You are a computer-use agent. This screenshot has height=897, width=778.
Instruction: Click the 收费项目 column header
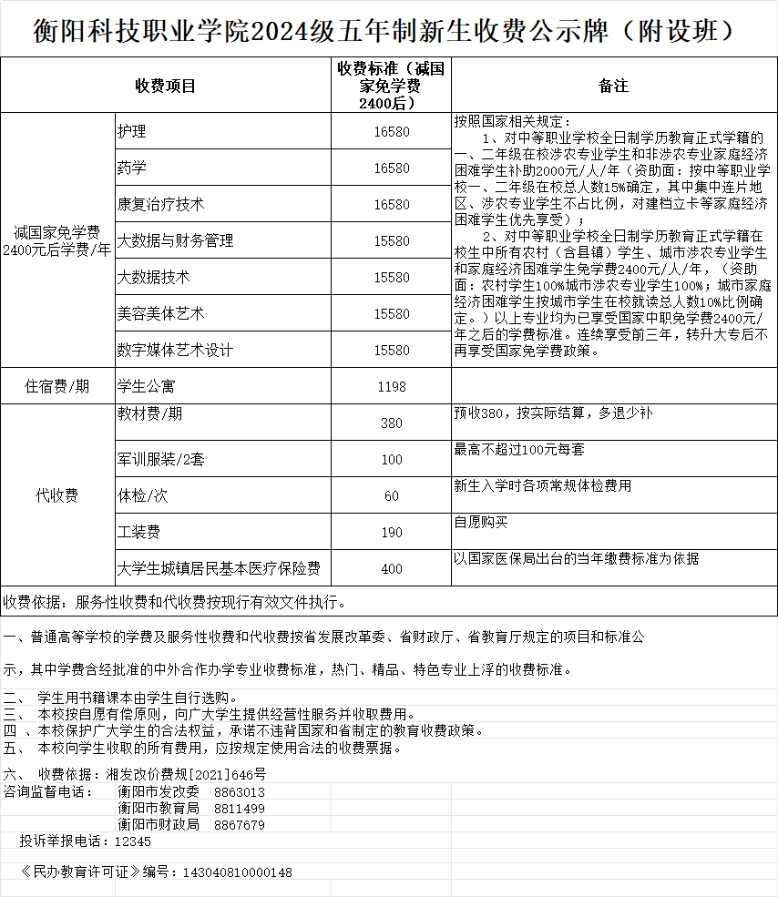coord(166,86)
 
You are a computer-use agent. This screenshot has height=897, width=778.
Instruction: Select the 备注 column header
coord(613,86)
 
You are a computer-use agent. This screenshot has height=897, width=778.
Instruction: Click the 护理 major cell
coord(132,131)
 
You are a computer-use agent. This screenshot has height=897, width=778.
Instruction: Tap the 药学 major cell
coord(132,168)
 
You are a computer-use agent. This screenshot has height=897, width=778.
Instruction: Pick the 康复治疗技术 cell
coord(160,204)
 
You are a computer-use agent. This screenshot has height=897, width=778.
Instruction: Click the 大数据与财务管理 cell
coord(175,240)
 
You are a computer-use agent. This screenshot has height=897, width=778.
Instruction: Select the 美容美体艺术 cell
coord(160,313)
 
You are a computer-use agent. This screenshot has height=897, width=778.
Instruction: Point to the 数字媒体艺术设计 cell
coord(175,350)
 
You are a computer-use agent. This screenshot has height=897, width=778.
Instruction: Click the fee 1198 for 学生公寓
coord(392,387)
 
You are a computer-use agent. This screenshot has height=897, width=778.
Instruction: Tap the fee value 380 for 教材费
coord(392,423)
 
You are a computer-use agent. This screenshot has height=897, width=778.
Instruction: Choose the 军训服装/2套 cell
coord(160,459)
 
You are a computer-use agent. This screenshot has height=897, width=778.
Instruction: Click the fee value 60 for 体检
coord(392,496)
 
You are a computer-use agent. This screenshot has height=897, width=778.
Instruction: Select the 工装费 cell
coord(138,531)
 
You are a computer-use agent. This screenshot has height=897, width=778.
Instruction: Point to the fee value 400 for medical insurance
coord(392,569)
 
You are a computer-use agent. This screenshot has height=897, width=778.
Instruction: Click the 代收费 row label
coord(57,495)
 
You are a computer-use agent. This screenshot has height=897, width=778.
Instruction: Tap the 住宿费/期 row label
coord(57,386)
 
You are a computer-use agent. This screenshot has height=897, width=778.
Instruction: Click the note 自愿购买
coord(481,522)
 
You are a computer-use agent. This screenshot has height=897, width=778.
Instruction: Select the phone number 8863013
coord(240,792)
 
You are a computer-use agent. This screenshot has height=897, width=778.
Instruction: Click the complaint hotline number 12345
coord(132,841)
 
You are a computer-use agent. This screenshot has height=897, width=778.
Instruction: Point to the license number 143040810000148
coord(238,872)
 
